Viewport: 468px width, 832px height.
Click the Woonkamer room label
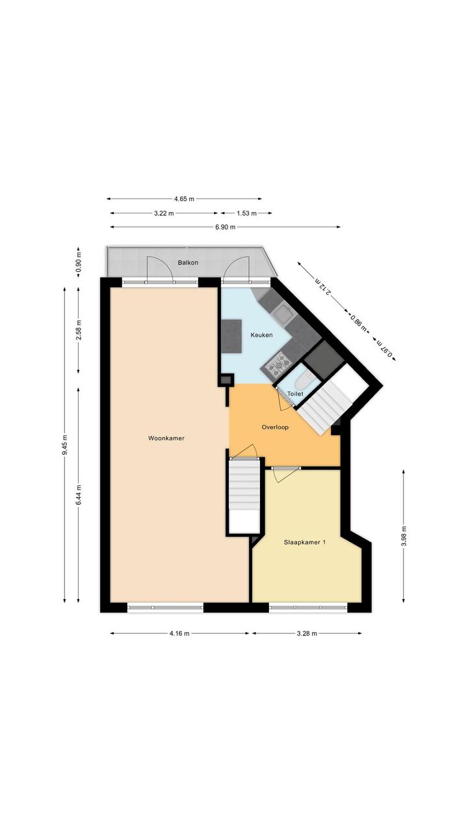click(166, 438)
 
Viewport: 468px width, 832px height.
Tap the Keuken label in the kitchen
click(261, 335)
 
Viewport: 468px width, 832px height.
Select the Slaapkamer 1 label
click(305, 542)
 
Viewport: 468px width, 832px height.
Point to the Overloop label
click(275, 427)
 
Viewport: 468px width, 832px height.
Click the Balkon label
click(188, 263)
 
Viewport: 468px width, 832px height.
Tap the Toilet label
click(295, 394)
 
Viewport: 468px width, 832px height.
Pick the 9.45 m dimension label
click(64, 444)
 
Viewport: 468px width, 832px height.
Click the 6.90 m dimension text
click(226, 227)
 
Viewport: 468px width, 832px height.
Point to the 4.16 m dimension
click(179, 634)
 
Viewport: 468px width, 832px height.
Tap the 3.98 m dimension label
click(404, 535)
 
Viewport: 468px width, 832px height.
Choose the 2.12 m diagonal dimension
click(322, 286)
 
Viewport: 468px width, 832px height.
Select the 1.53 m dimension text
click(246, 213)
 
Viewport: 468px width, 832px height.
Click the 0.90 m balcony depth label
click(78, 262)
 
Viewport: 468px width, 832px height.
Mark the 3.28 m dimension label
click(307, 634)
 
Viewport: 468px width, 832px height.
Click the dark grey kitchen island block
click(231, 336)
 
